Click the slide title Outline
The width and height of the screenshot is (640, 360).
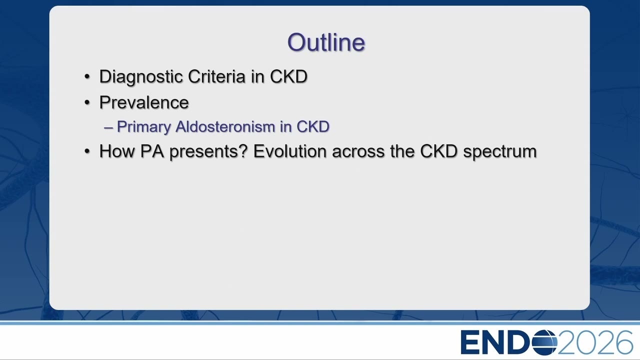(x=326, y=42)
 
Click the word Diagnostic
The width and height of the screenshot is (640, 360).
(x=141, y=77)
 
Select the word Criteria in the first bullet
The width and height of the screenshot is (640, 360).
(x=217, y=76)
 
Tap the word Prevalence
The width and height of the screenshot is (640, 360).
(x=144, y=102)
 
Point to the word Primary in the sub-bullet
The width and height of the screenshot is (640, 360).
(x=143, y=127)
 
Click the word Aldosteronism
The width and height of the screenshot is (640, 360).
(x=225, y=126)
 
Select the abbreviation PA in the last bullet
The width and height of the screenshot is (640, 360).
(x=152, y=151)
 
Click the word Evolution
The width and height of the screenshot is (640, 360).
(x=289, y=151)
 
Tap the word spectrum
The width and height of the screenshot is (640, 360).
(x=499, y=152)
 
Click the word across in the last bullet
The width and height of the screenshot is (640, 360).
(x=358, y=151)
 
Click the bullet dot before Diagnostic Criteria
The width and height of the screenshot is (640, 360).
(x=87, y=77)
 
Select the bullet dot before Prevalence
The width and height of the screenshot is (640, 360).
(x=87, y=102)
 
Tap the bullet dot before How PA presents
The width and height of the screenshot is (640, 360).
(x=87, y=151)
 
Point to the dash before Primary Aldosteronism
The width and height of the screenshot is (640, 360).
(x=108, y=127)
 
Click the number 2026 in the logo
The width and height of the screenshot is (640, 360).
(x=595, y=342)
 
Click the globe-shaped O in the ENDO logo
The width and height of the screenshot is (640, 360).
(x=544, y=342)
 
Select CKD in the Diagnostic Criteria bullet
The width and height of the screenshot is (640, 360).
(x=288, y=76)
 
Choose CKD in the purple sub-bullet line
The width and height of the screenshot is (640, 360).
(x=313, y=126)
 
